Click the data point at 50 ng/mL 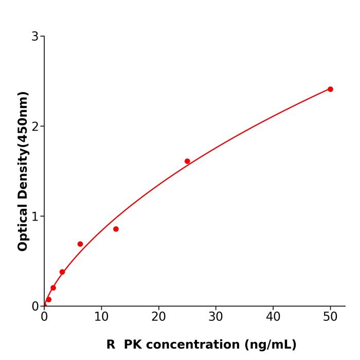coord(330,89)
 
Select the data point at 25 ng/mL coord(187,161)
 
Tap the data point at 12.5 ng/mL coord(116,229)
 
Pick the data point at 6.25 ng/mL coord(80,244)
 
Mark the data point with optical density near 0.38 coord(62,272)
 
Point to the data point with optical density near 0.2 coord(53,287)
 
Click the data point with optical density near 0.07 coord(49,299)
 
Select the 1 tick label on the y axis coord(35,216)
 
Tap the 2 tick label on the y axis coord(35,126)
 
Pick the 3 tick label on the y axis coord(35,36)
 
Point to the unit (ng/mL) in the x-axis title coord(271,345)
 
